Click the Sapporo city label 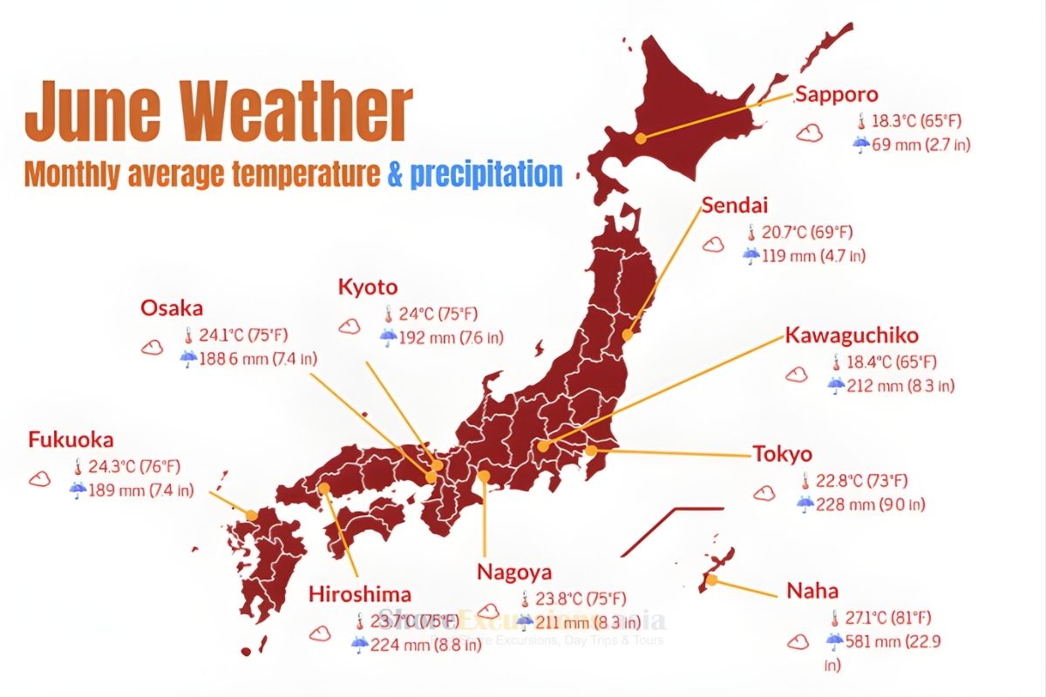pyautogui.click(x=836, y=94)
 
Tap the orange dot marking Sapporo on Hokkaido pyautogui.click(x=641, y=138)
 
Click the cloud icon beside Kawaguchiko pyautogui.click(x=796, y=376)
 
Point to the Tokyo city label pyautogui.click(x=782, y=454)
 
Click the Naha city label pyautogui.click(x=812, y=591)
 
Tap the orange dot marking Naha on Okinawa pyautogui.click(x=712, y=580)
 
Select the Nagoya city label pyautogui.click(x=514, y=572)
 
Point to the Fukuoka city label pyautogui.click(x=71, y=439)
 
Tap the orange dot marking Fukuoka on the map pyautogui.click(x=252, y=515)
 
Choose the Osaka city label pyautogui.click(x=172, y=308)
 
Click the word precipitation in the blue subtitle pyautogui.click(x=486, y=173)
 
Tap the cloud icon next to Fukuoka pyautogui.click(x=39, y=479)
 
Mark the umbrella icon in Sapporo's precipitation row pyautogui.click(x=860, y=144)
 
